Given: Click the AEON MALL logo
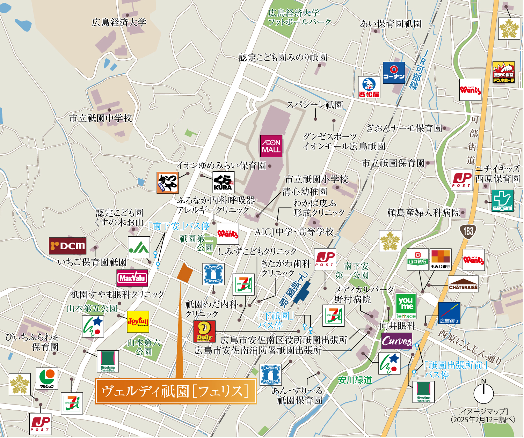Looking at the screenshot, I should click(271, 146).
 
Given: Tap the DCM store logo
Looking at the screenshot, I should click(67, 246).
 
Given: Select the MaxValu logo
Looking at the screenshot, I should click(132, 278).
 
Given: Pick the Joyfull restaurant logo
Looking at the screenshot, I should click(138, 321).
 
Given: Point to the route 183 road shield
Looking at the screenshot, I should click(468, 231).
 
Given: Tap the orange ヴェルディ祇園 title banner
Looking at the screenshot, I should click(176, 391).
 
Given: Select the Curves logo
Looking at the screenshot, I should click(396, 341).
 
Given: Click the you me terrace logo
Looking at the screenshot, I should click(406, 306).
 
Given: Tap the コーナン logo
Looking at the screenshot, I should click(394, 73).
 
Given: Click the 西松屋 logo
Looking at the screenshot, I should click(369, 87).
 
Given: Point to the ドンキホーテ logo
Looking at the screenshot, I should click(503, 73).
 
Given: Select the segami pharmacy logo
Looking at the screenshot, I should click(502, 201).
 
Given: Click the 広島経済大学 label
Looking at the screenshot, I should click(119, 23).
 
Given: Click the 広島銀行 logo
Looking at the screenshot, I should click(449, 313).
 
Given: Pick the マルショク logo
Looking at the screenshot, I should click(47, 378).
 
